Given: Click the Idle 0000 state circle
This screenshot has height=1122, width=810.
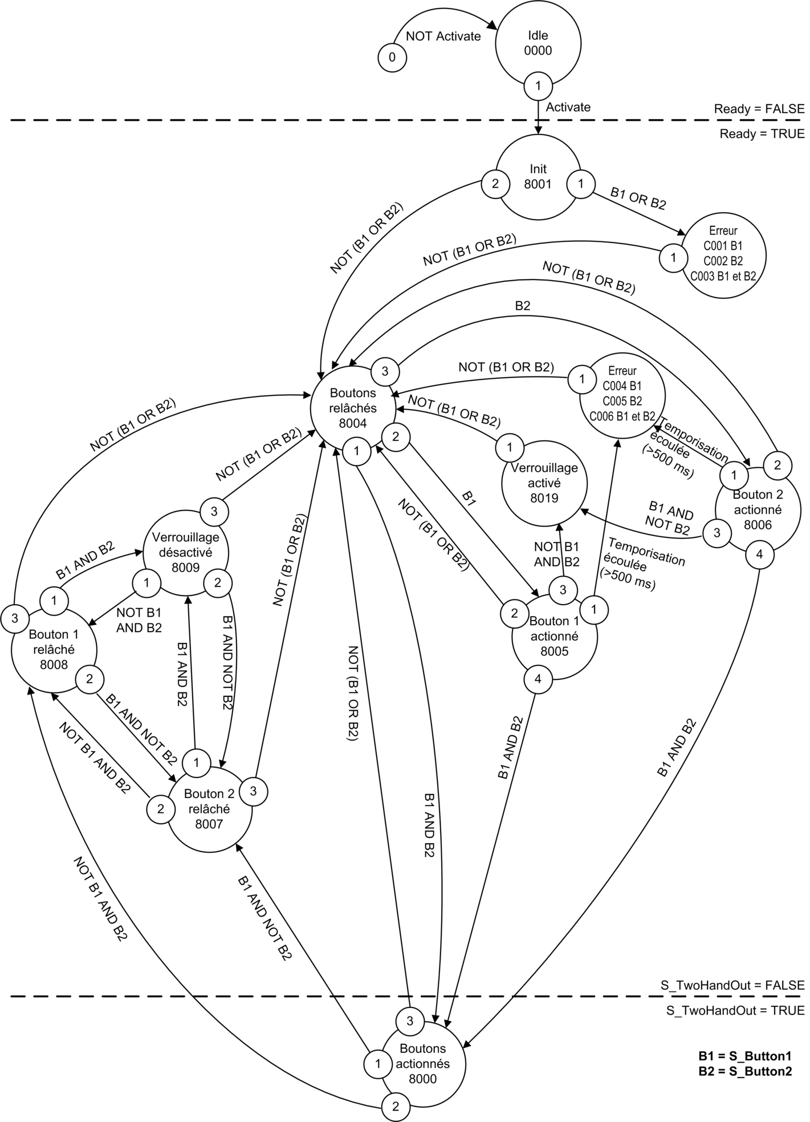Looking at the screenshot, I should pos(538,43).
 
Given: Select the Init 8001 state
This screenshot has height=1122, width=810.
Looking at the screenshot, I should pos(538,177).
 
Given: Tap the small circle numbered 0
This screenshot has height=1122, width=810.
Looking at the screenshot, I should pos(392,57).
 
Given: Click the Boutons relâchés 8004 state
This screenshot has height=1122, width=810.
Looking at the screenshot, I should pos(353,408).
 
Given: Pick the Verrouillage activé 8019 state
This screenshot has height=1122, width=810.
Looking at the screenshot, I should pos(544,483).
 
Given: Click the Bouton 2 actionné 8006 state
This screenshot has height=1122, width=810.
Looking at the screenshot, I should pos(758,509).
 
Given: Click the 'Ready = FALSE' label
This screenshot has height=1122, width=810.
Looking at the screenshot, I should pos(759,109).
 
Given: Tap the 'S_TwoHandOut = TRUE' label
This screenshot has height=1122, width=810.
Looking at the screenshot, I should pos(735,1011).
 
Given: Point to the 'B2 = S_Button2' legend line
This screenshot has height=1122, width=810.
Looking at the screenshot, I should pos(745,1071).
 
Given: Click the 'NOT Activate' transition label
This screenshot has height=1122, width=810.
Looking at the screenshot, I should pos(443,37).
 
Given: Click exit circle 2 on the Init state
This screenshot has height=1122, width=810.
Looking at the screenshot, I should pos(495,184).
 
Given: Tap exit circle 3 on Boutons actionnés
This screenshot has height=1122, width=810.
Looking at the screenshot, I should pos(409,1021).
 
